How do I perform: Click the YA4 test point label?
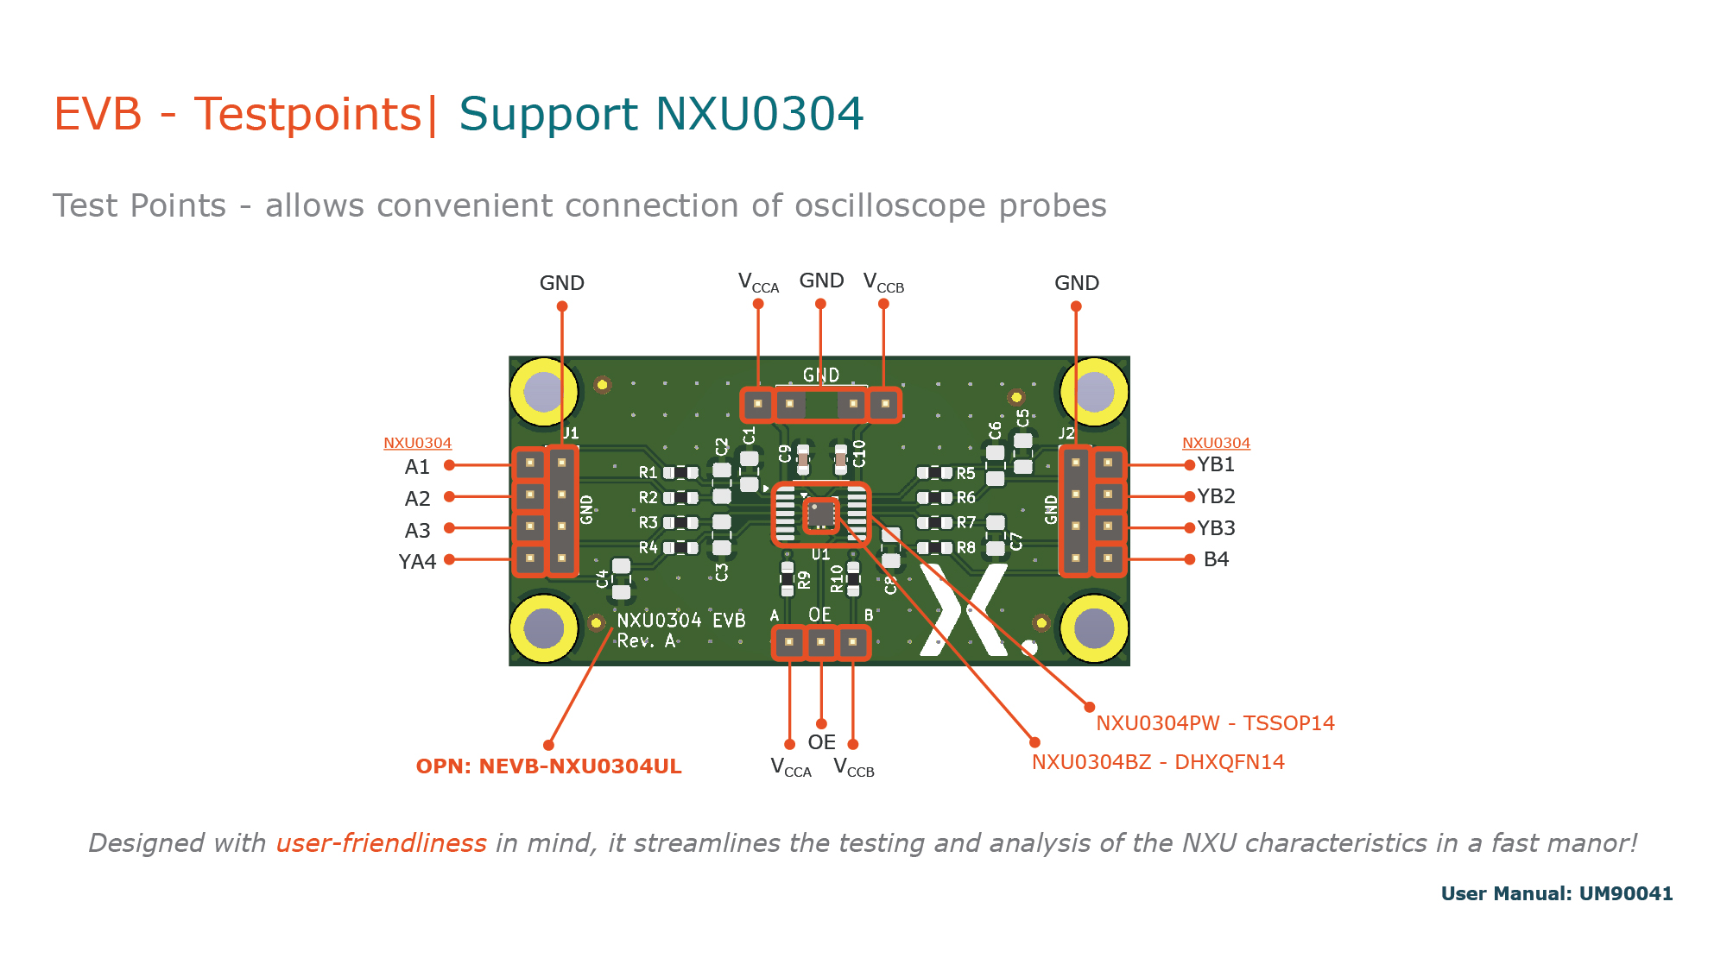417,562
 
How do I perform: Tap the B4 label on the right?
1216,559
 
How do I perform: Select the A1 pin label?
417,467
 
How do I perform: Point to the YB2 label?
1216,496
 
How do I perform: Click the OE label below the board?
821,742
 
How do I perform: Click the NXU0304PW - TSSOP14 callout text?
1215,723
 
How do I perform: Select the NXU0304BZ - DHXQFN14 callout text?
1158,762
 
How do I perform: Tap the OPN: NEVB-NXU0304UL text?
548,766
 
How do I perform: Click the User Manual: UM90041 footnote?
1556,894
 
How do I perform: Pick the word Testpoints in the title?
307,115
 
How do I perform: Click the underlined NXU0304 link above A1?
417,443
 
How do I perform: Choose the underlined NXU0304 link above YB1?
1216,443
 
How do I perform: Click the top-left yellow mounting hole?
544,392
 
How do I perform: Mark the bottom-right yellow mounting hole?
1094,627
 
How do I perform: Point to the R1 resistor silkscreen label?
648,473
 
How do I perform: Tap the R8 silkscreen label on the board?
965,548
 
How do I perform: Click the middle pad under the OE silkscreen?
820,642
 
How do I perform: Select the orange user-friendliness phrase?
381,842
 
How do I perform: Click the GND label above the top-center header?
820,281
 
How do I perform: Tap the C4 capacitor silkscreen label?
603,578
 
